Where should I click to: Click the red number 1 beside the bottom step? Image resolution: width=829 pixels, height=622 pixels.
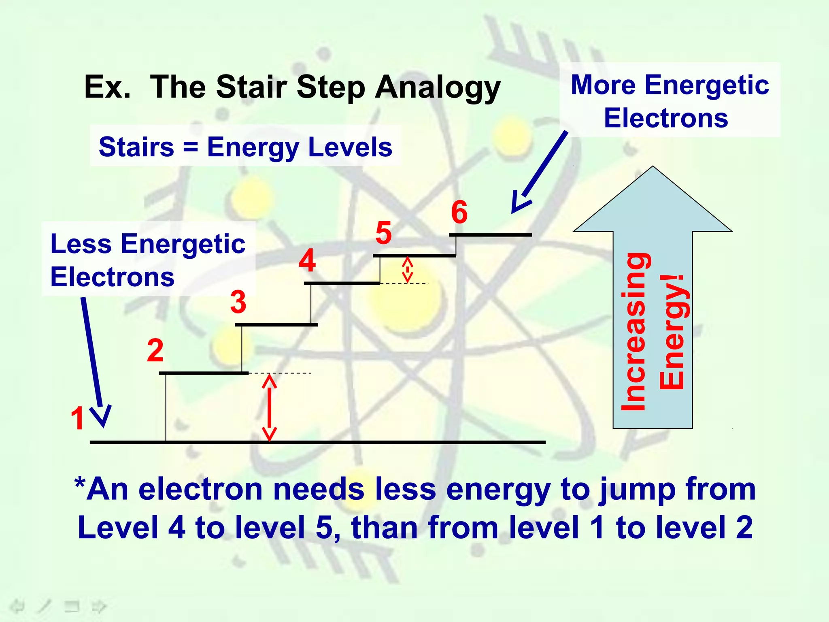[77, 418]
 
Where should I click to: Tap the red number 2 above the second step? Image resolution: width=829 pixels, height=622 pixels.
[155, 350]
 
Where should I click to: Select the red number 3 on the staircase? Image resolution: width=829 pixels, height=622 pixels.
[238, 302]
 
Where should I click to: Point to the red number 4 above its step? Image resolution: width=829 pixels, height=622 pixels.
[307, 260]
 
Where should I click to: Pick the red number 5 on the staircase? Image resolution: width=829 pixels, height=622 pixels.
[383, 233]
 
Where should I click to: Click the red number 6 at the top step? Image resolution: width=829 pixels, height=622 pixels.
[459, 212]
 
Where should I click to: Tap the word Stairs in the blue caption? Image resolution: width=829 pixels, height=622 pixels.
[136, 147]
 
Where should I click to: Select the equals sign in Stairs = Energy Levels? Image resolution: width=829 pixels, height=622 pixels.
[190, 147]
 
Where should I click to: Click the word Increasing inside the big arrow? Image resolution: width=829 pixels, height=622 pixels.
[634, 331]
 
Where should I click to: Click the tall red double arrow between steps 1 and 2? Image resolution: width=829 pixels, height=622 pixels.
[269, 407]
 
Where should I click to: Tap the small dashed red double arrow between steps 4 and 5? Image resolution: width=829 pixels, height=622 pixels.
[407, 269]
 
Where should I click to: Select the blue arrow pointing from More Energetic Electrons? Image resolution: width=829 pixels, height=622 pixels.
[540, 172]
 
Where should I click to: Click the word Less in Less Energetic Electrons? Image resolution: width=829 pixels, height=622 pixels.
[81, 244]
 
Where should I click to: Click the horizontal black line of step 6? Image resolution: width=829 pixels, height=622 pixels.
[490, 235]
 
